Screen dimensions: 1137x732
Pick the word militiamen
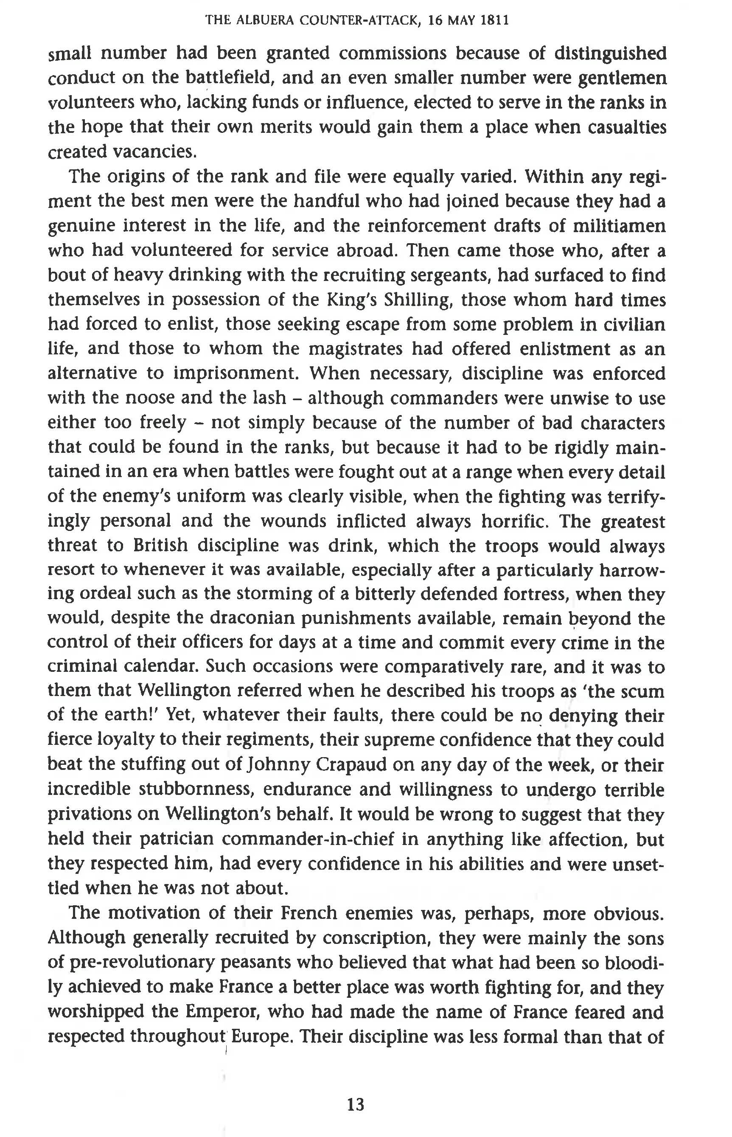618,226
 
